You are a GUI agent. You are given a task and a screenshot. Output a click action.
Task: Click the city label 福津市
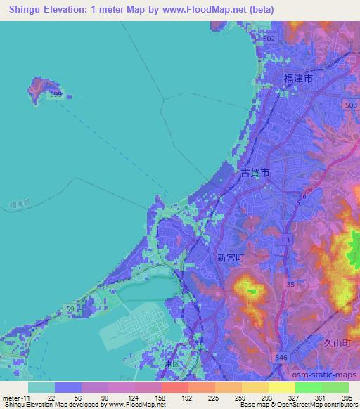[x=298, y=79]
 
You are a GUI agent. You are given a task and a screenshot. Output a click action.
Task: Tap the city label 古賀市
[x=255, y=173]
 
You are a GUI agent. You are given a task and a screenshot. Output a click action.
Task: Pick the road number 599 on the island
[x=56, y=93]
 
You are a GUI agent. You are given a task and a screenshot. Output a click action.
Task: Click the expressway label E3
[x=285, y=240]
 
